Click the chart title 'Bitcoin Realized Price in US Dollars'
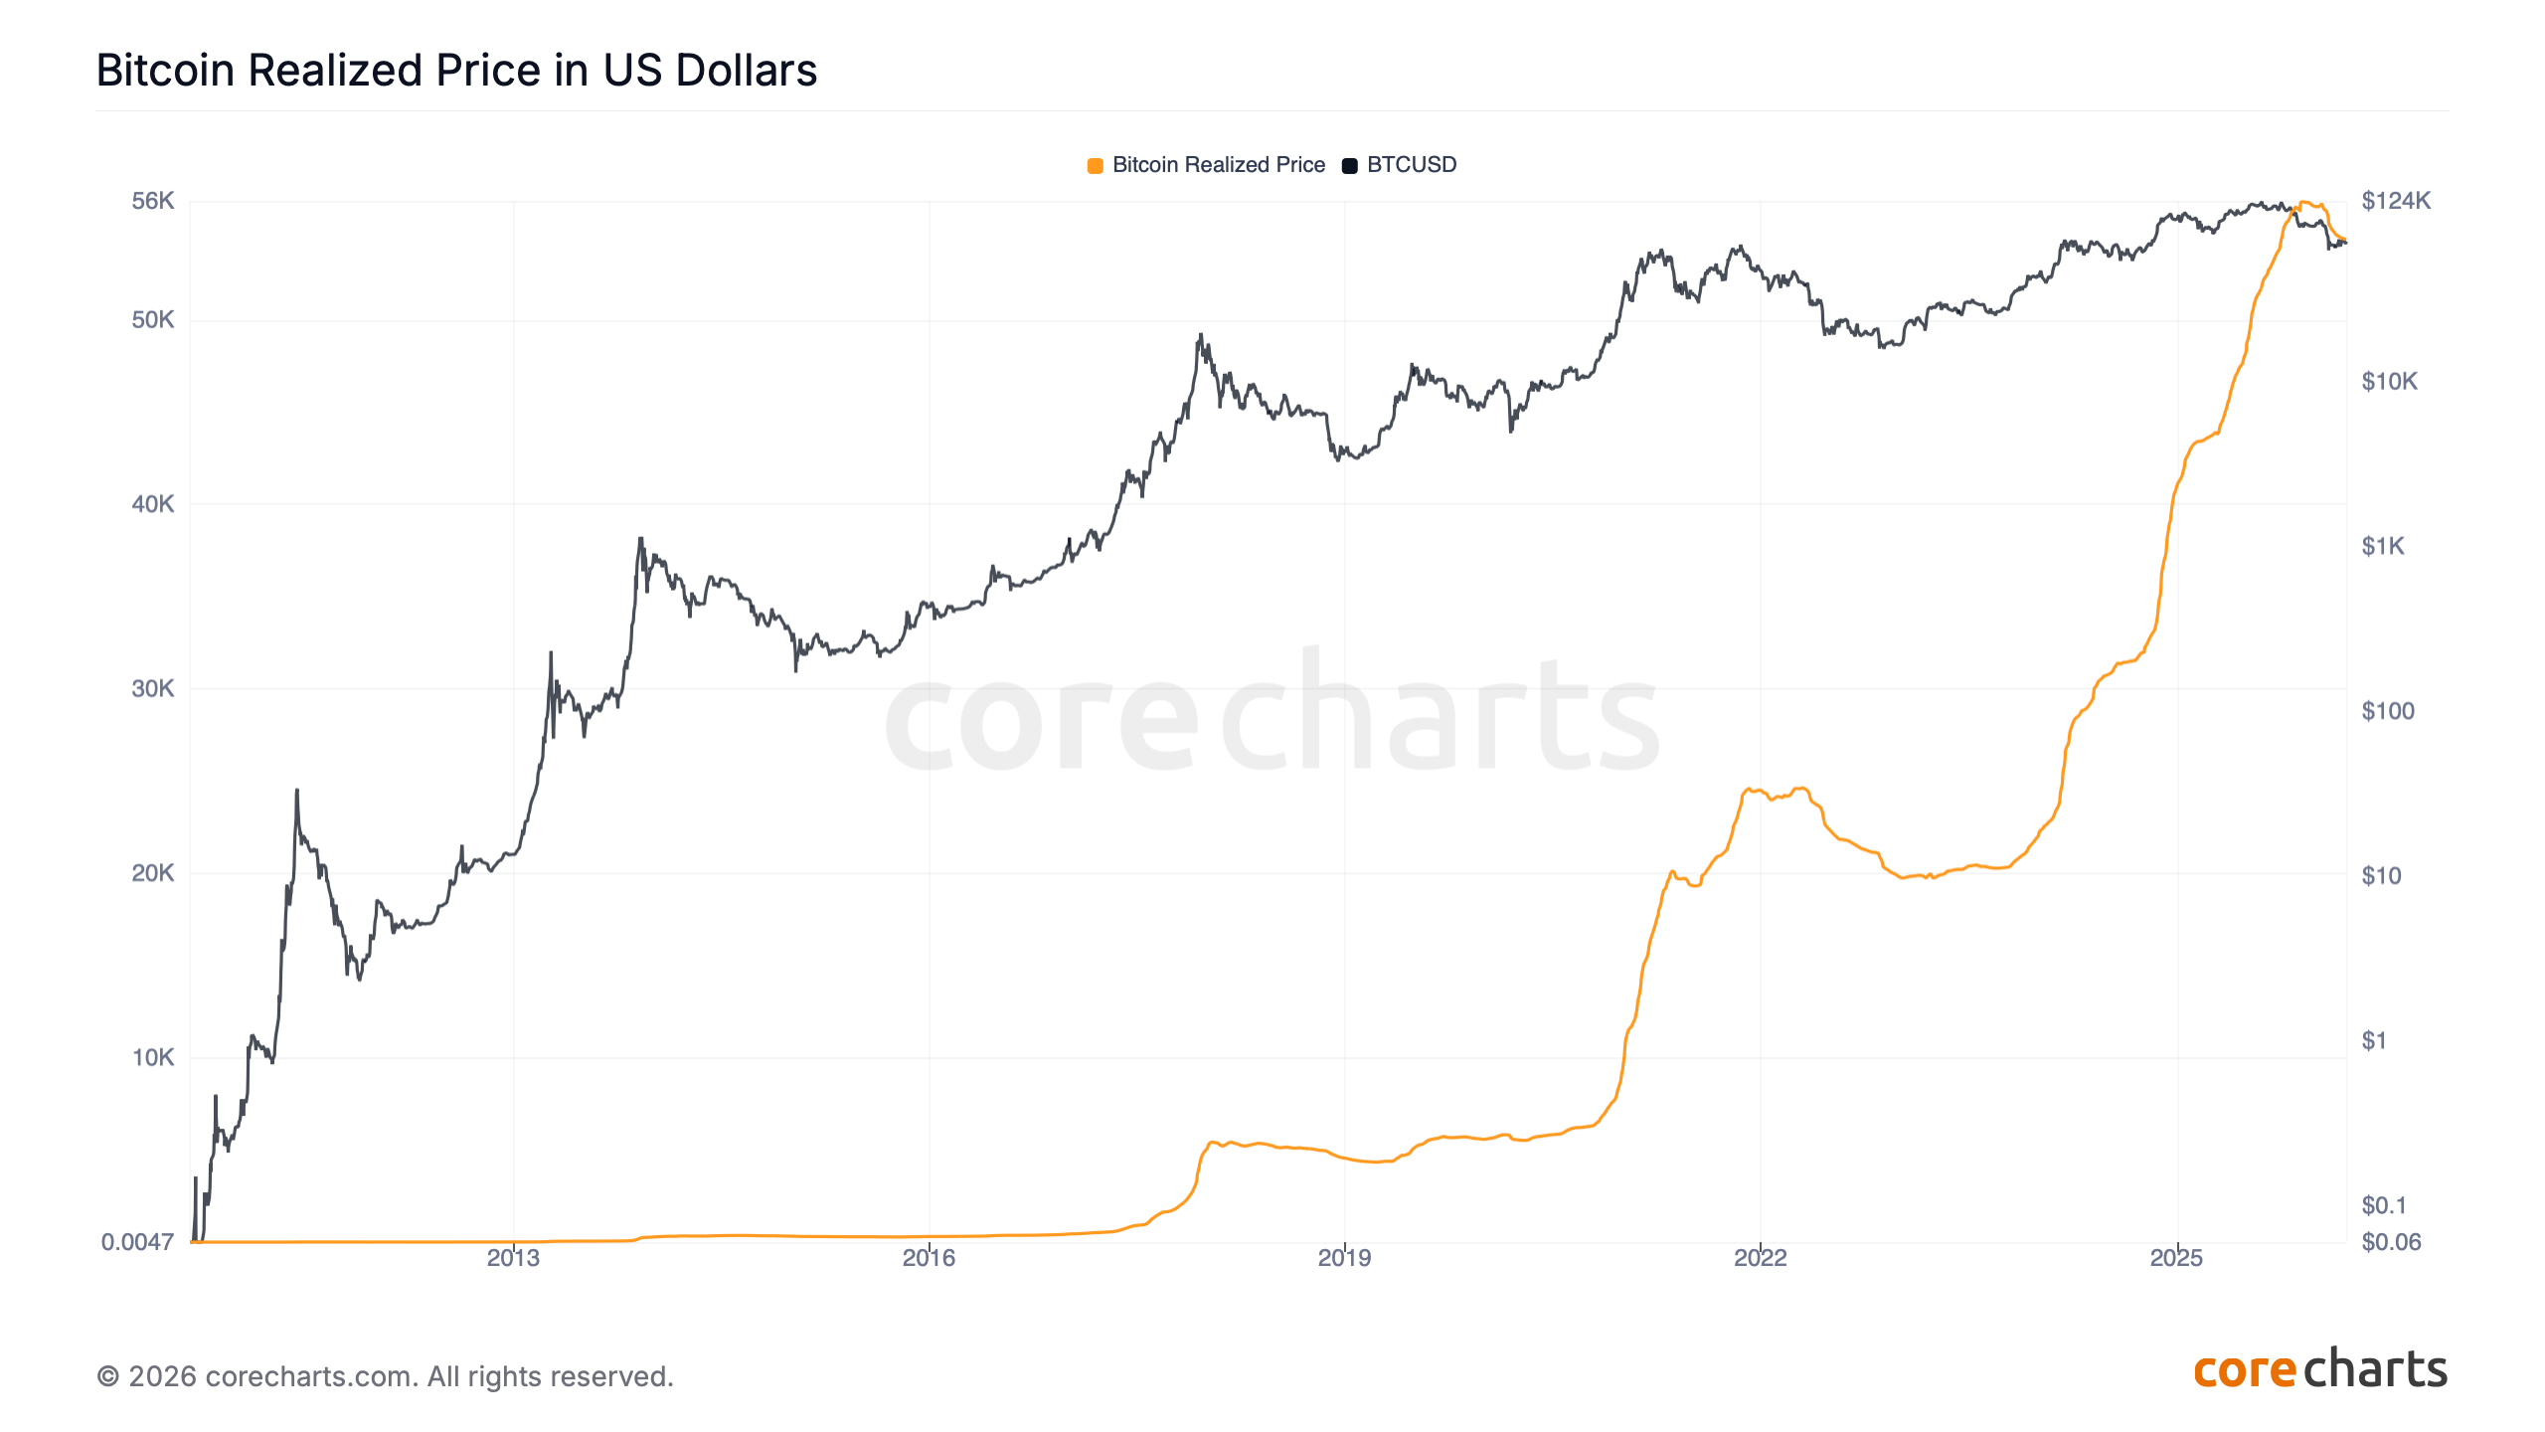tap(456, 71)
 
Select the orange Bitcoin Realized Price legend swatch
tap(1095, 166)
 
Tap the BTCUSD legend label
tap(1411, 165)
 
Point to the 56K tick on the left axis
tap(153, 201)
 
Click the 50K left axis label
tap(153, 320)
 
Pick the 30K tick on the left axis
tap(153, 688)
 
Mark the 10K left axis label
tap(153, 1057)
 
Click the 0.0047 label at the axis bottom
tap(137, 1242)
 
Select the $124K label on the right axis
tap(2396, 201)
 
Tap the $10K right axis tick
tap(2389, 382)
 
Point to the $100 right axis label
tap(2388, 711)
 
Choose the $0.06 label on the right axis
tap(2391, 1242)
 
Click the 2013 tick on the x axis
tap(513, 1258)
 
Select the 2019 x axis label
tap(1344, 1258)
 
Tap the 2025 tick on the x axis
tap(2176, 1258)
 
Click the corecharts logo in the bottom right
tap(2320, 1370)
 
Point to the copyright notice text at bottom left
tap(385, 1376)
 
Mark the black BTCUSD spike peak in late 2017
tap(1201, 335)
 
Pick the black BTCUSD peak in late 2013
tap(641, 539)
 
